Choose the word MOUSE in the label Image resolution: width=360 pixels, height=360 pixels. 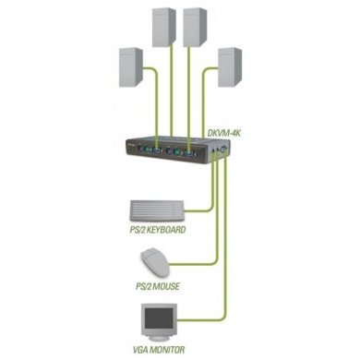[x=161, y=287]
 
